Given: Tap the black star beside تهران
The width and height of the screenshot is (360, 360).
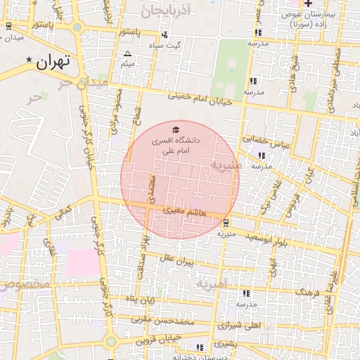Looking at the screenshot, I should [x=29, y=60].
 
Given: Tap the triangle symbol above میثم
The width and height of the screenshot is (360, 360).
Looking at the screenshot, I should [x=127, y=54].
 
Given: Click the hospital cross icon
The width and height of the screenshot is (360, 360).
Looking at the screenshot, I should [x=308, y=4].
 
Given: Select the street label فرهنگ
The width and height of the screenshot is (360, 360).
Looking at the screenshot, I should [x=307, y=290].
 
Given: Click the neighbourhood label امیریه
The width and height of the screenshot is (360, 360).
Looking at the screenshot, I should [x=213, y=285].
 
